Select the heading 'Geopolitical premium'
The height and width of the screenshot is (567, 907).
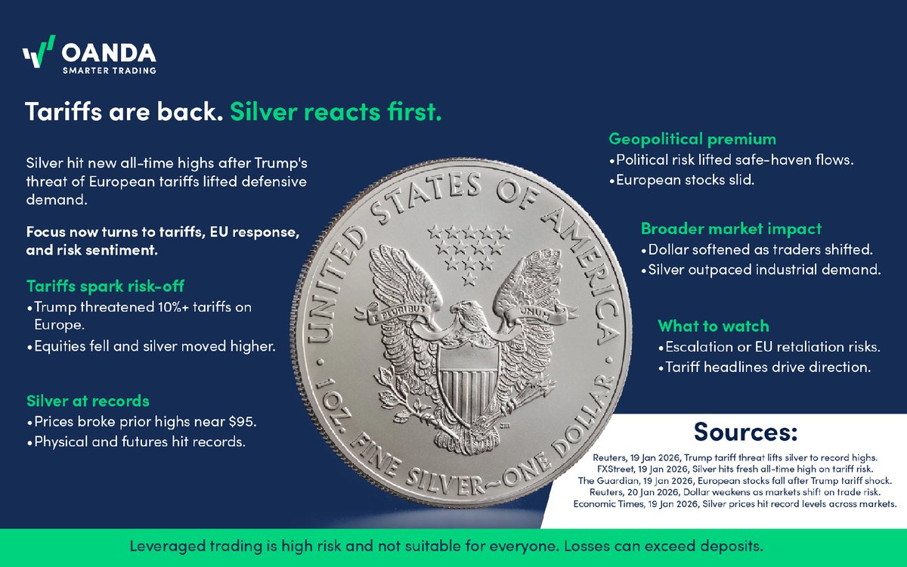(x=692, y=139)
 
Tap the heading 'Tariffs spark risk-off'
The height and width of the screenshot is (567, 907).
(x=105, y=287)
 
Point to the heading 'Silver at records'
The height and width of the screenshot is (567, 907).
(x=88, y=401)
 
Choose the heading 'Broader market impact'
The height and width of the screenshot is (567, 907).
(x=731, y=228)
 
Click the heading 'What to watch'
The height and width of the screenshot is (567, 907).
(x=713, y=327)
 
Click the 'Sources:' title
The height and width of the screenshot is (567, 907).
(x=745, y=433)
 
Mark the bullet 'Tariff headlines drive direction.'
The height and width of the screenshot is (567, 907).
(x=764, y=368)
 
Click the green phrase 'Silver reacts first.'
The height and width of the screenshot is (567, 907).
(x=336, y=113)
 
